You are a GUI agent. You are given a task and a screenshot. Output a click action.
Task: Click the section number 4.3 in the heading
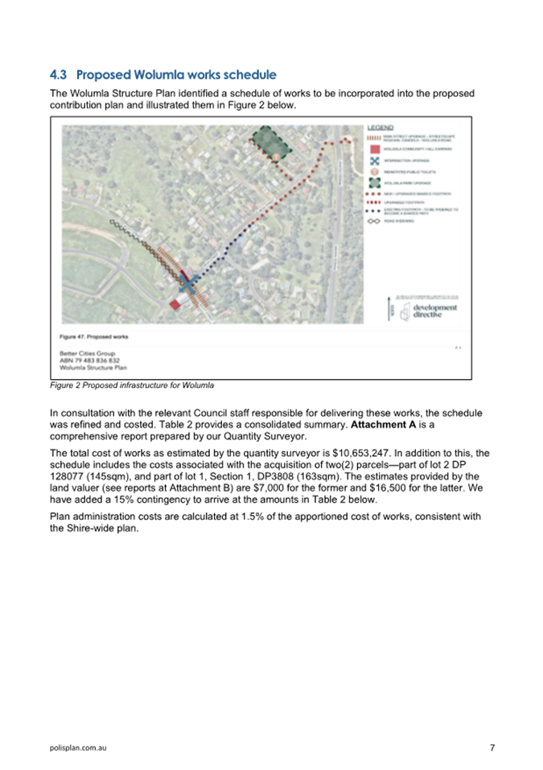pos(59,75)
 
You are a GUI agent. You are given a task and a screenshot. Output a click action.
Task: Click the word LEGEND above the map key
pos(380,128)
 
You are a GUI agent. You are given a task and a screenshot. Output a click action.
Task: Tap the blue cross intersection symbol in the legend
pos(373,161)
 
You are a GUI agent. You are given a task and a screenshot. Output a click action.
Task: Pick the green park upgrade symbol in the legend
pos(373,183)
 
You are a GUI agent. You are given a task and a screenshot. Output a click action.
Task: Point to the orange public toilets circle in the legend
pos(373,172)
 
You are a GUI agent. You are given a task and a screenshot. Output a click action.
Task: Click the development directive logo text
pos(434,311)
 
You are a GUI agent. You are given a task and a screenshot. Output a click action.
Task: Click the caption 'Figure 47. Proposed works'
pos(94,336)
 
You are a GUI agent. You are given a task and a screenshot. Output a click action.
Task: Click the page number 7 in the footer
pos(492,748)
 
